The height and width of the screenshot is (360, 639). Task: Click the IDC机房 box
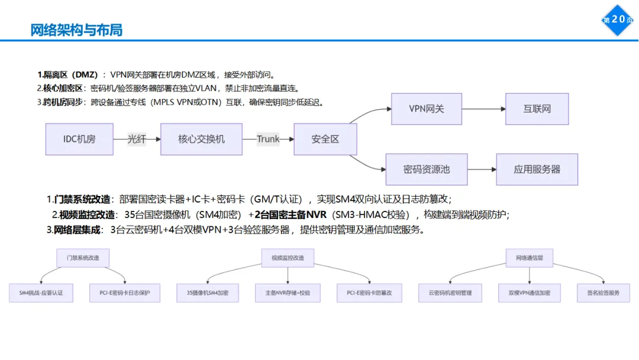[79, 139]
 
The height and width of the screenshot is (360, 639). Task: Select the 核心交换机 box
[201, 139]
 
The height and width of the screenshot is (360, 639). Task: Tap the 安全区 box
[325, 139]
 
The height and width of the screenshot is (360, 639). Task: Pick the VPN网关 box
[426, 109]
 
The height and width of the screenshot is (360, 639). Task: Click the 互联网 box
[537, 109]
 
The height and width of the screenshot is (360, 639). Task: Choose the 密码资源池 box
[426, 169]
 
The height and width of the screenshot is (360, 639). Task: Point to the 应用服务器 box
[537, 169]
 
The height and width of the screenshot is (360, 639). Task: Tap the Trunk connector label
[268, 139]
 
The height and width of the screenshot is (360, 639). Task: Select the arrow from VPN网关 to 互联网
[483, 109]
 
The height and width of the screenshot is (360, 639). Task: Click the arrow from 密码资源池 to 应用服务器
[482, 169]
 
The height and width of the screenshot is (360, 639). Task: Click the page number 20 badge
[618, 20]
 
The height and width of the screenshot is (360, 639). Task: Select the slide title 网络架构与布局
[76, 30]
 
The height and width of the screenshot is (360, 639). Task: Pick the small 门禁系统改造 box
[83, 258]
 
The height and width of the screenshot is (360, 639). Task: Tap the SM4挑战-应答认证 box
[41, 292]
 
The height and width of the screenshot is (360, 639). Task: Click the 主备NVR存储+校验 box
[288, 292]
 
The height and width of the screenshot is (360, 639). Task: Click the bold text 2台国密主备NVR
[291, 214]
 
